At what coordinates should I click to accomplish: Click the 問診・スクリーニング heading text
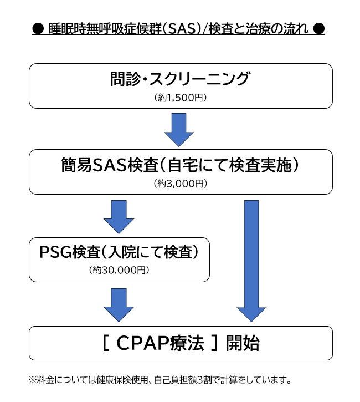point(180,79)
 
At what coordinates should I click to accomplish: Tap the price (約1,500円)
point(181,98)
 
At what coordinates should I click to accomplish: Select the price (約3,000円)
point(181,184)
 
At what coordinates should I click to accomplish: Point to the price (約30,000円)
point(119,270)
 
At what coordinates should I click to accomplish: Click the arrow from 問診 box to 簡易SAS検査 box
point(179,130)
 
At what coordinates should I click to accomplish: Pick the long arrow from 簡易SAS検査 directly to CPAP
point(251,261)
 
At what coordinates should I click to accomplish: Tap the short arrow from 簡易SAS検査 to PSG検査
point(119,217)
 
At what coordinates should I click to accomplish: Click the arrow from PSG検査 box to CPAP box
point(119,304)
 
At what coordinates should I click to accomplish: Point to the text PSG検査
point(64,252)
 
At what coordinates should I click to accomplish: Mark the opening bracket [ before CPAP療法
point(105,343)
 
